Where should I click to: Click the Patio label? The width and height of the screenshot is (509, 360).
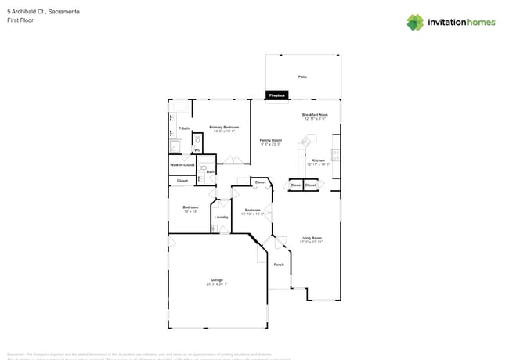point(302,77)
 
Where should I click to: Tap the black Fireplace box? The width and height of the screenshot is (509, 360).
point(276,95)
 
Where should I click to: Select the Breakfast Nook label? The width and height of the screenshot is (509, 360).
point(315,114)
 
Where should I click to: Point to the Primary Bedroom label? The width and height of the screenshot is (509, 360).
point(224,127)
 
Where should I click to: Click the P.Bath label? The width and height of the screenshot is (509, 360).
point(184,128)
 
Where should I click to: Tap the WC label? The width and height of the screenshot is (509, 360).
point(197,149)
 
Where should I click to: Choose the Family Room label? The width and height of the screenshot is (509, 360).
point(271,139)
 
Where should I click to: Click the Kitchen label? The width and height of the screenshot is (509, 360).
point(318,160)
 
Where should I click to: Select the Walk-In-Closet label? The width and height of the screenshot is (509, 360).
point(182,165)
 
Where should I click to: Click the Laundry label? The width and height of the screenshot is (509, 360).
point(221,217)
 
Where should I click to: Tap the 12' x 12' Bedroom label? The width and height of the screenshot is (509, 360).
point(190,207)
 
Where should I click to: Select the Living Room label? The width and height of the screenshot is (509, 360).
point(311,238)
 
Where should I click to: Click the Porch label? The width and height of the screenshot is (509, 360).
point(279,265)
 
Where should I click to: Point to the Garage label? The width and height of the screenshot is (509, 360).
point(217,279)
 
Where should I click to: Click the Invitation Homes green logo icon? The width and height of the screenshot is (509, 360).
point(415,22)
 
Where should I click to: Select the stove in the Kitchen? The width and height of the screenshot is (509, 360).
point(335,155)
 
